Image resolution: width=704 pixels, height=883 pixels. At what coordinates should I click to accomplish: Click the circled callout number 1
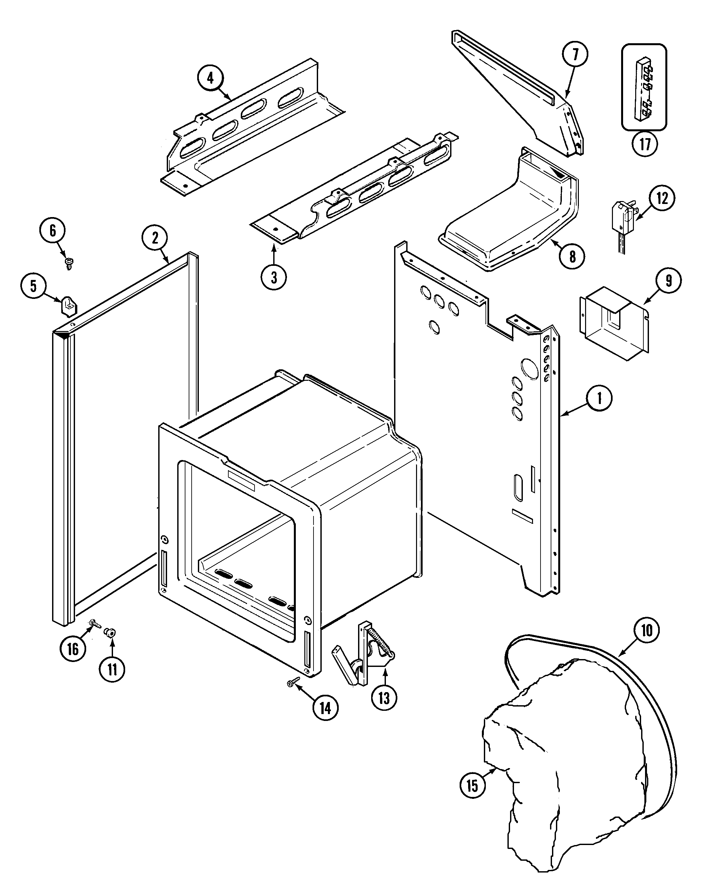[599, 398]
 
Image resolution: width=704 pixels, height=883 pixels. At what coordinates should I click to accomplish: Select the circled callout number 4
[210, 78]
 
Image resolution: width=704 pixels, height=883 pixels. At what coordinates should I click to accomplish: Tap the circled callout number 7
[575, 54]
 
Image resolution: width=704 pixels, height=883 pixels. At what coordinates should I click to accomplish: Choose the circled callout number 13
[384, 698]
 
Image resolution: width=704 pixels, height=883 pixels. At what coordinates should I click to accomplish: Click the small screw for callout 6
[68, 263]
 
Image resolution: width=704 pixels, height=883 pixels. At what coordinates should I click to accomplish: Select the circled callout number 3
[274, 277]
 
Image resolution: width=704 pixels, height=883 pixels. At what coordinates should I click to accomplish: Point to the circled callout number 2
[155, 238]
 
